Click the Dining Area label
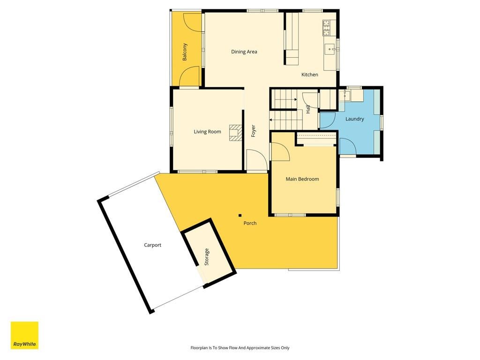coord(244,52)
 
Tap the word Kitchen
coord(309,75)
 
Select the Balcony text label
coord(185,52)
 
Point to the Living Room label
coord(207,132)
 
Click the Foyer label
coord(253,131)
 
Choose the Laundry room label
coord(354,119)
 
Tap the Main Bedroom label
coord(302,179)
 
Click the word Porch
coord(250,223)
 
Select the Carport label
coord(152,245)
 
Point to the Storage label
coord(207,256)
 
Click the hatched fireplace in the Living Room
coord(236,133)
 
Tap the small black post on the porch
coord(240,216)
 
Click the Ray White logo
coord(24,335)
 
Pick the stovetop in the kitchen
coord(326,28)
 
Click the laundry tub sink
coord(345,96)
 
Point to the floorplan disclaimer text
coord(240,348)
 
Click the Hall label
coord(308,109)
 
